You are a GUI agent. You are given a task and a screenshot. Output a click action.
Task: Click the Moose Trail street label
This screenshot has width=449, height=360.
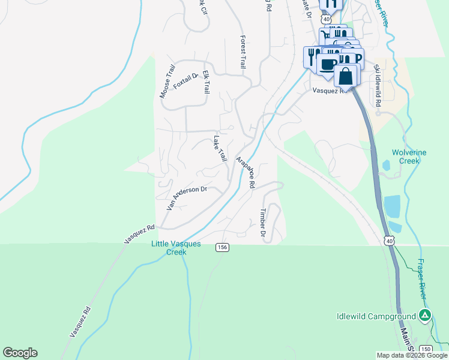tap(166, 83)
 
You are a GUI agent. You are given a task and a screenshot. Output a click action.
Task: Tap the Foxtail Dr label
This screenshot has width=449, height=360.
tap(185, 81)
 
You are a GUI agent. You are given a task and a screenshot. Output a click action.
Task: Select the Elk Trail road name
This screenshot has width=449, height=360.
tap(206, 82)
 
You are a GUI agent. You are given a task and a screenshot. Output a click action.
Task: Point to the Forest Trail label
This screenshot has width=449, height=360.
tap(243, 52)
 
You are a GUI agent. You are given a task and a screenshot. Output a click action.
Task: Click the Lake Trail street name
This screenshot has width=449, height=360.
tap(220, 148)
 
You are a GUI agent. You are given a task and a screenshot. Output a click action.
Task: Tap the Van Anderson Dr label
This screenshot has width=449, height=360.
tap(187, 198)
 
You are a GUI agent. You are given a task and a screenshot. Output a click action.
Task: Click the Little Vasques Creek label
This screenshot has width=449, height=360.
tap(176, 248)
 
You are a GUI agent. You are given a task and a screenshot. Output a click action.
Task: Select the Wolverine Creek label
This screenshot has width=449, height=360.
tap(409, 157)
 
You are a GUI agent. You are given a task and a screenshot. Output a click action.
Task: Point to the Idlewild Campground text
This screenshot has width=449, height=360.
tap(376, 316)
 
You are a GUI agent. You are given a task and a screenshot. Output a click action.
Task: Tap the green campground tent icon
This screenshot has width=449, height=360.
tap(425, 315)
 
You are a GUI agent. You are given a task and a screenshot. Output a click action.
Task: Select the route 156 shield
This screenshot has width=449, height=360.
tap(222, 247)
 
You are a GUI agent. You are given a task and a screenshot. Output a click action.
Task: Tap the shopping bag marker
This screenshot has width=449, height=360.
tap(346, 76)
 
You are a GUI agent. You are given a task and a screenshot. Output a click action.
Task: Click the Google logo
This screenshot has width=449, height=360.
tap(20, 353)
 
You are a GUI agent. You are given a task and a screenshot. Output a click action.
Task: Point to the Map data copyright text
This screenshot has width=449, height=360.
tap(411, 355)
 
